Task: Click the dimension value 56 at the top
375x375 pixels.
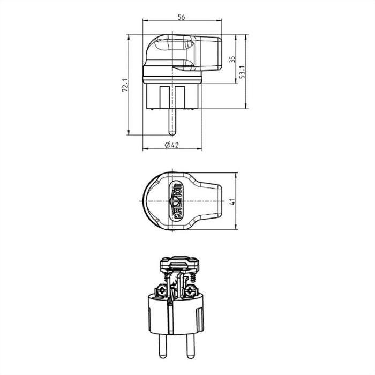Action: pos(181,17)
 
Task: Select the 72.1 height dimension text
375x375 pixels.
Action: pos(124,85)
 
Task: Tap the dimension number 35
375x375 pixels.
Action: pos(231,59)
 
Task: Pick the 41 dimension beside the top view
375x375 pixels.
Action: pos(231,201)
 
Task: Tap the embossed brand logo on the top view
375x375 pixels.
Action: pos(175,200)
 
